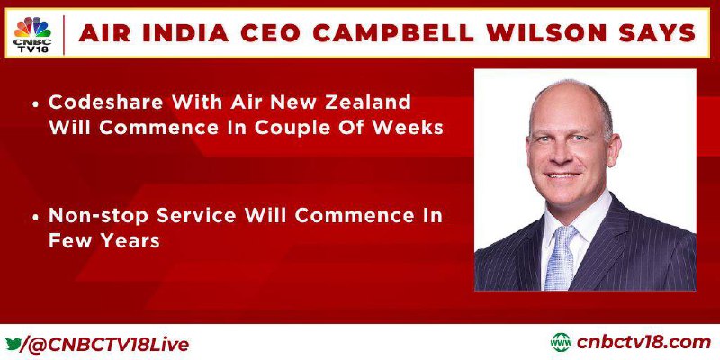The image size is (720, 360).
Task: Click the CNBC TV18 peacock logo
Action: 32,34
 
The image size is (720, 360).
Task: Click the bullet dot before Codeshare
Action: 35,104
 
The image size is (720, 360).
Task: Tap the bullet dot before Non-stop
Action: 35,217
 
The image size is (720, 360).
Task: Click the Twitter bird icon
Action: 13,343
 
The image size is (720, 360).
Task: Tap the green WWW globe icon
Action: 561,343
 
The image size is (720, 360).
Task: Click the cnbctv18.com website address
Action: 643,343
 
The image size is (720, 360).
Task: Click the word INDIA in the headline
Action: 191,33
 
